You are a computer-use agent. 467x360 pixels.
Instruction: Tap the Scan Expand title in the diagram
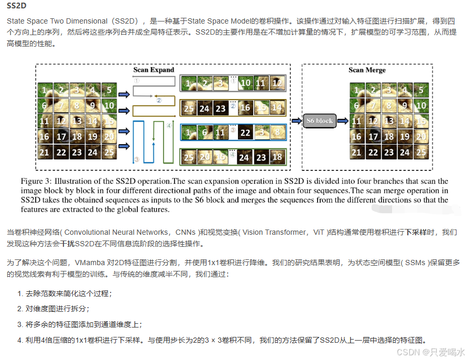tap(153, 70)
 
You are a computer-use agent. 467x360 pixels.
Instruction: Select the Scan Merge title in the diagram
tap(367, 70)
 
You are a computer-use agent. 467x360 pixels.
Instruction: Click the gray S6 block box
tap(319, 121)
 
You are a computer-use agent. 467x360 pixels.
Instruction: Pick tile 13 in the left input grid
tap(77, 121)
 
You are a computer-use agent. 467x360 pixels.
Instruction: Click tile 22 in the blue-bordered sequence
tap(245, 133)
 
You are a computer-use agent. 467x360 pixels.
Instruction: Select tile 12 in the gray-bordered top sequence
tap(276, 83)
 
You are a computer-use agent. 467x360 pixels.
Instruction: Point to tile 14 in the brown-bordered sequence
tap(276, 108)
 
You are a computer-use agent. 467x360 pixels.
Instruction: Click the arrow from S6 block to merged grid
tap(343, 121)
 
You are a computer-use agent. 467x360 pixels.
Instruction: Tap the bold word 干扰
tap(67, 244)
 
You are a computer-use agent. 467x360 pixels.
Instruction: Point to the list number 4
tap(19, 340)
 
